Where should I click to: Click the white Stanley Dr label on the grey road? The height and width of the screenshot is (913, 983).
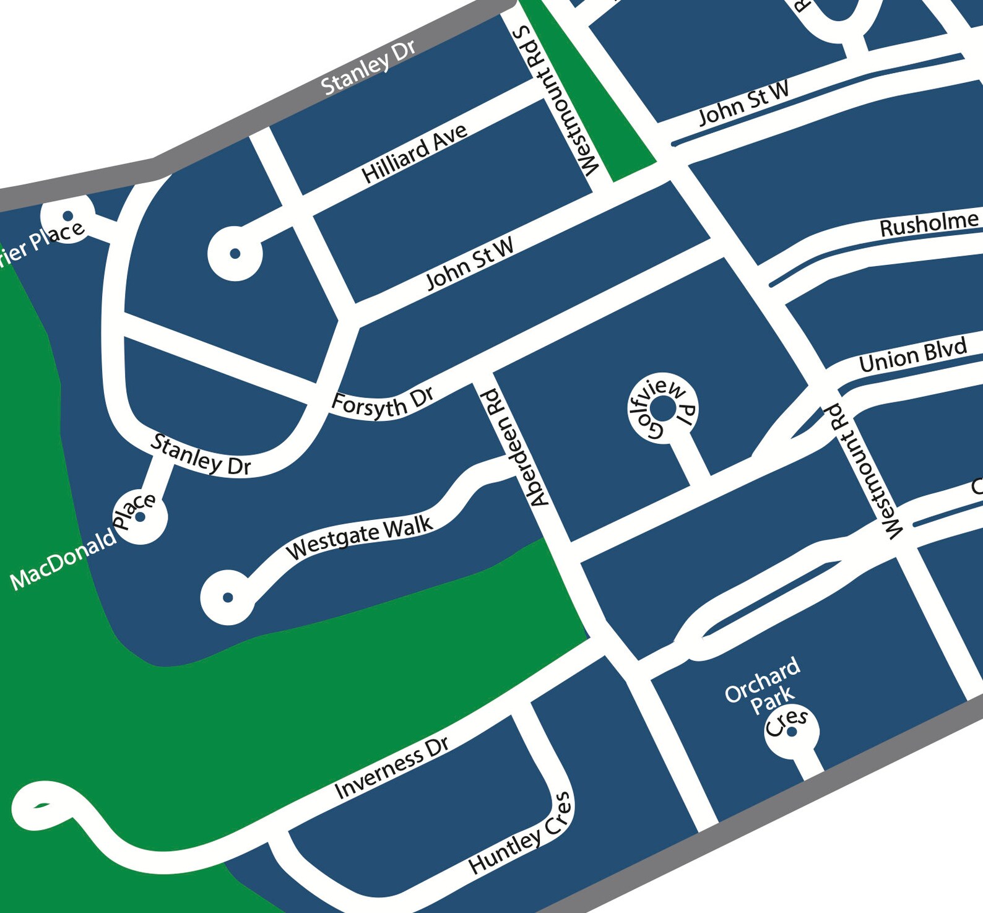tap(368, 67)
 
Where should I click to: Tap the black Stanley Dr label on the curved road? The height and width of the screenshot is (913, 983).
tap(202, 455)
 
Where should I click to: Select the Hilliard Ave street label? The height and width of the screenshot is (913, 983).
tap(414, 154)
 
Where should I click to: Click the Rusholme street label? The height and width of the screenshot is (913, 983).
tap(929, 224)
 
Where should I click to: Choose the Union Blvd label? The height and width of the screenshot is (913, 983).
tap(912, 355)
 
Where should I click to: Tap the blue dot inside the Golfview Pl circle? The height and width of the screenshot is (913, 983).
tap(663, 409)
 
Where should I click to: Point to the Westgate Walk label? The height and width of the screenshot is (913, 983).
tap(359, 537)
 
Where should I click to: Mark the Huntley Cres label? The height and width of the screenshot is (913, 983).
tap(521, 833)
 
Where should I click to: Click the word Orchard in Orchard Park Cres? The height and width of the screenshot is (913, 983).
tap(762, 680)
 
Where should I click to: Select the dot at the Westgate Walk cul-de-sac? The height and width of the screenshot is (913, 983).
tap(228, 597)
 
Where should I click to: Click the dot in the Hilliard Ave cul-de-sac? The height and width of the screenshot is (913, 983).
tap(235, 253)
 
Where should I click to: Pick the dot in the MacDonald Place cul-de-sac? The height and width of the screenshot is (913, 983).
tap(141, 517)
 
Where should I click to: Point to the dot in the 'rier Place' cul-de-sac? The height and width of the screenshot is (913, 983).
tap(67, 215)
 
